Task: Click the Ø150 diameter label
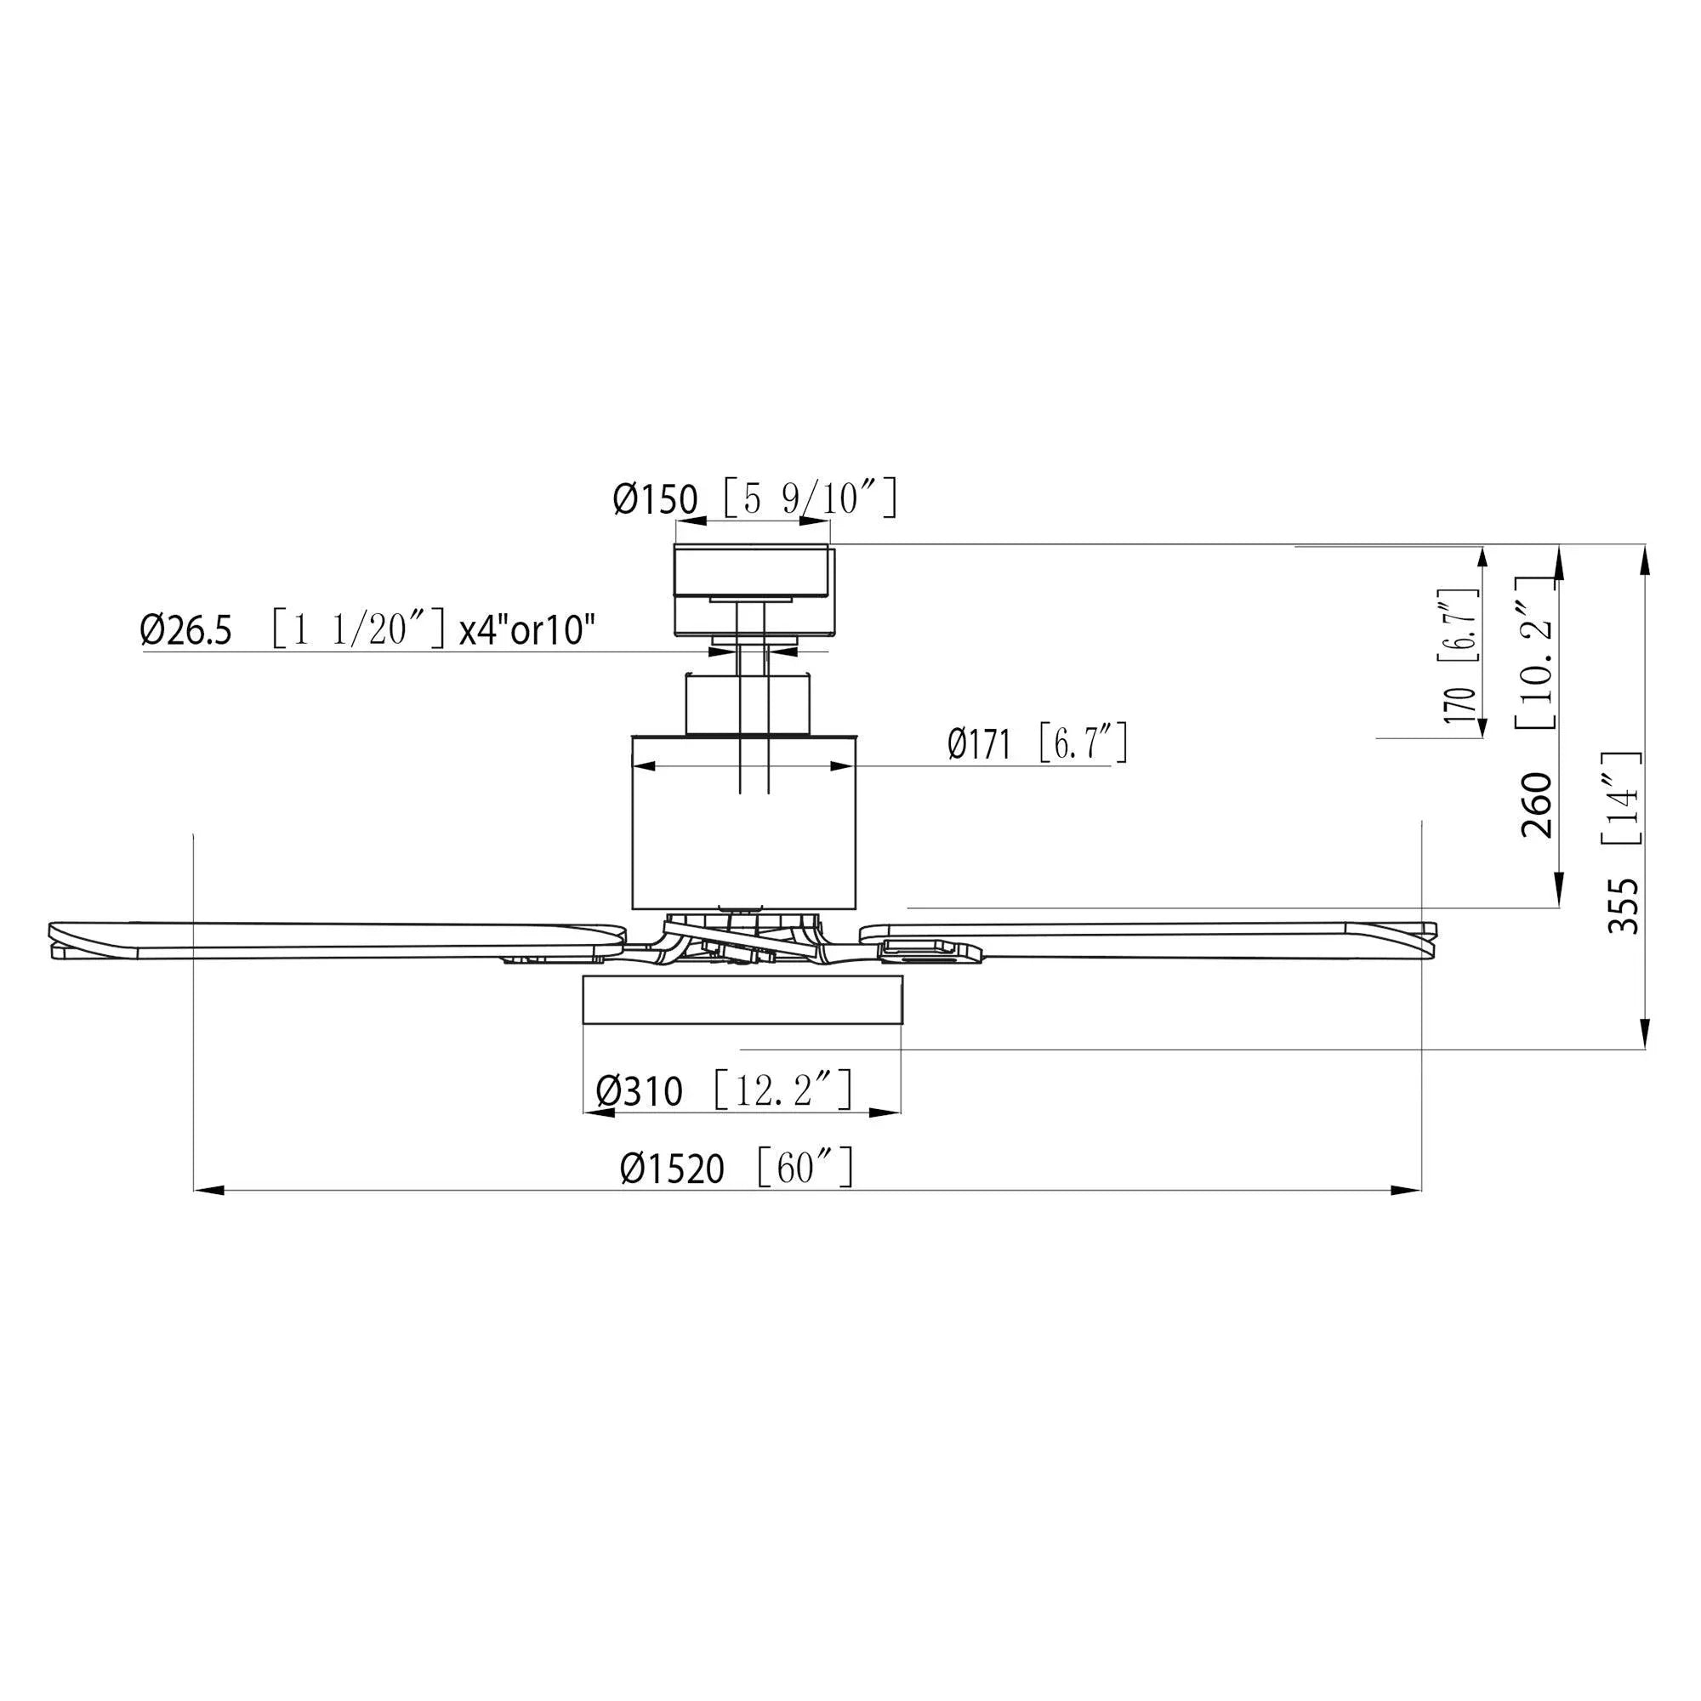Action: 655,499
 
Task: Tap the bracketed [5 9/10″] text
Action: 809,498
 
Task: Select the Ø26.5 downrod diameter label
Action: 185,630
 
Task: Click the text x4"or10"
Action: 526,630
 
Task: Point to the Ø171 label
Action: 978,745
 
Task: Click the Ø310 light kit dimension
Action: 640,1092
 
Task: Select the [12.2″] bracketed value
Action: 782,1090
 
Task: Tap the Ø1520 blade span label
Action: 672,1169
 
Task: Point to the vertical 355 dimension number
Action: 1624,906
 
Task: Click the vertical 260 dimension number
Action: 1537,805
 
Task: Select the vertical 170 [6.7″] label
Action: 1459,657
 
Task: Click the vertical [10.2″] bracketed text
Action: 1536,652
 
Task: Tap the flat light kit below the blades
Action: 743,998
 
